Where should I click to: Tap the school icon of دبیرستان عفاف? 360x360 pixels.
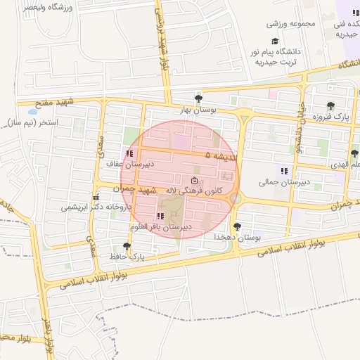click(128, 153)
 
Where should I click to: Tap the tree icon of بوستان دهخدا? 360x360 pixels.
click(237, 226)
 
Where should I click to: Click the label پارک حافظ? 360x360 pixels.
click(127, 257)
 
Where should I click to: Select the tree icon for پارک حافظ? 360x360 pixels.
click(127, 246)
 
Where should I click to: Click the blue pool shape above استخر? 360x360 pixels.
click(32, 111)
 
